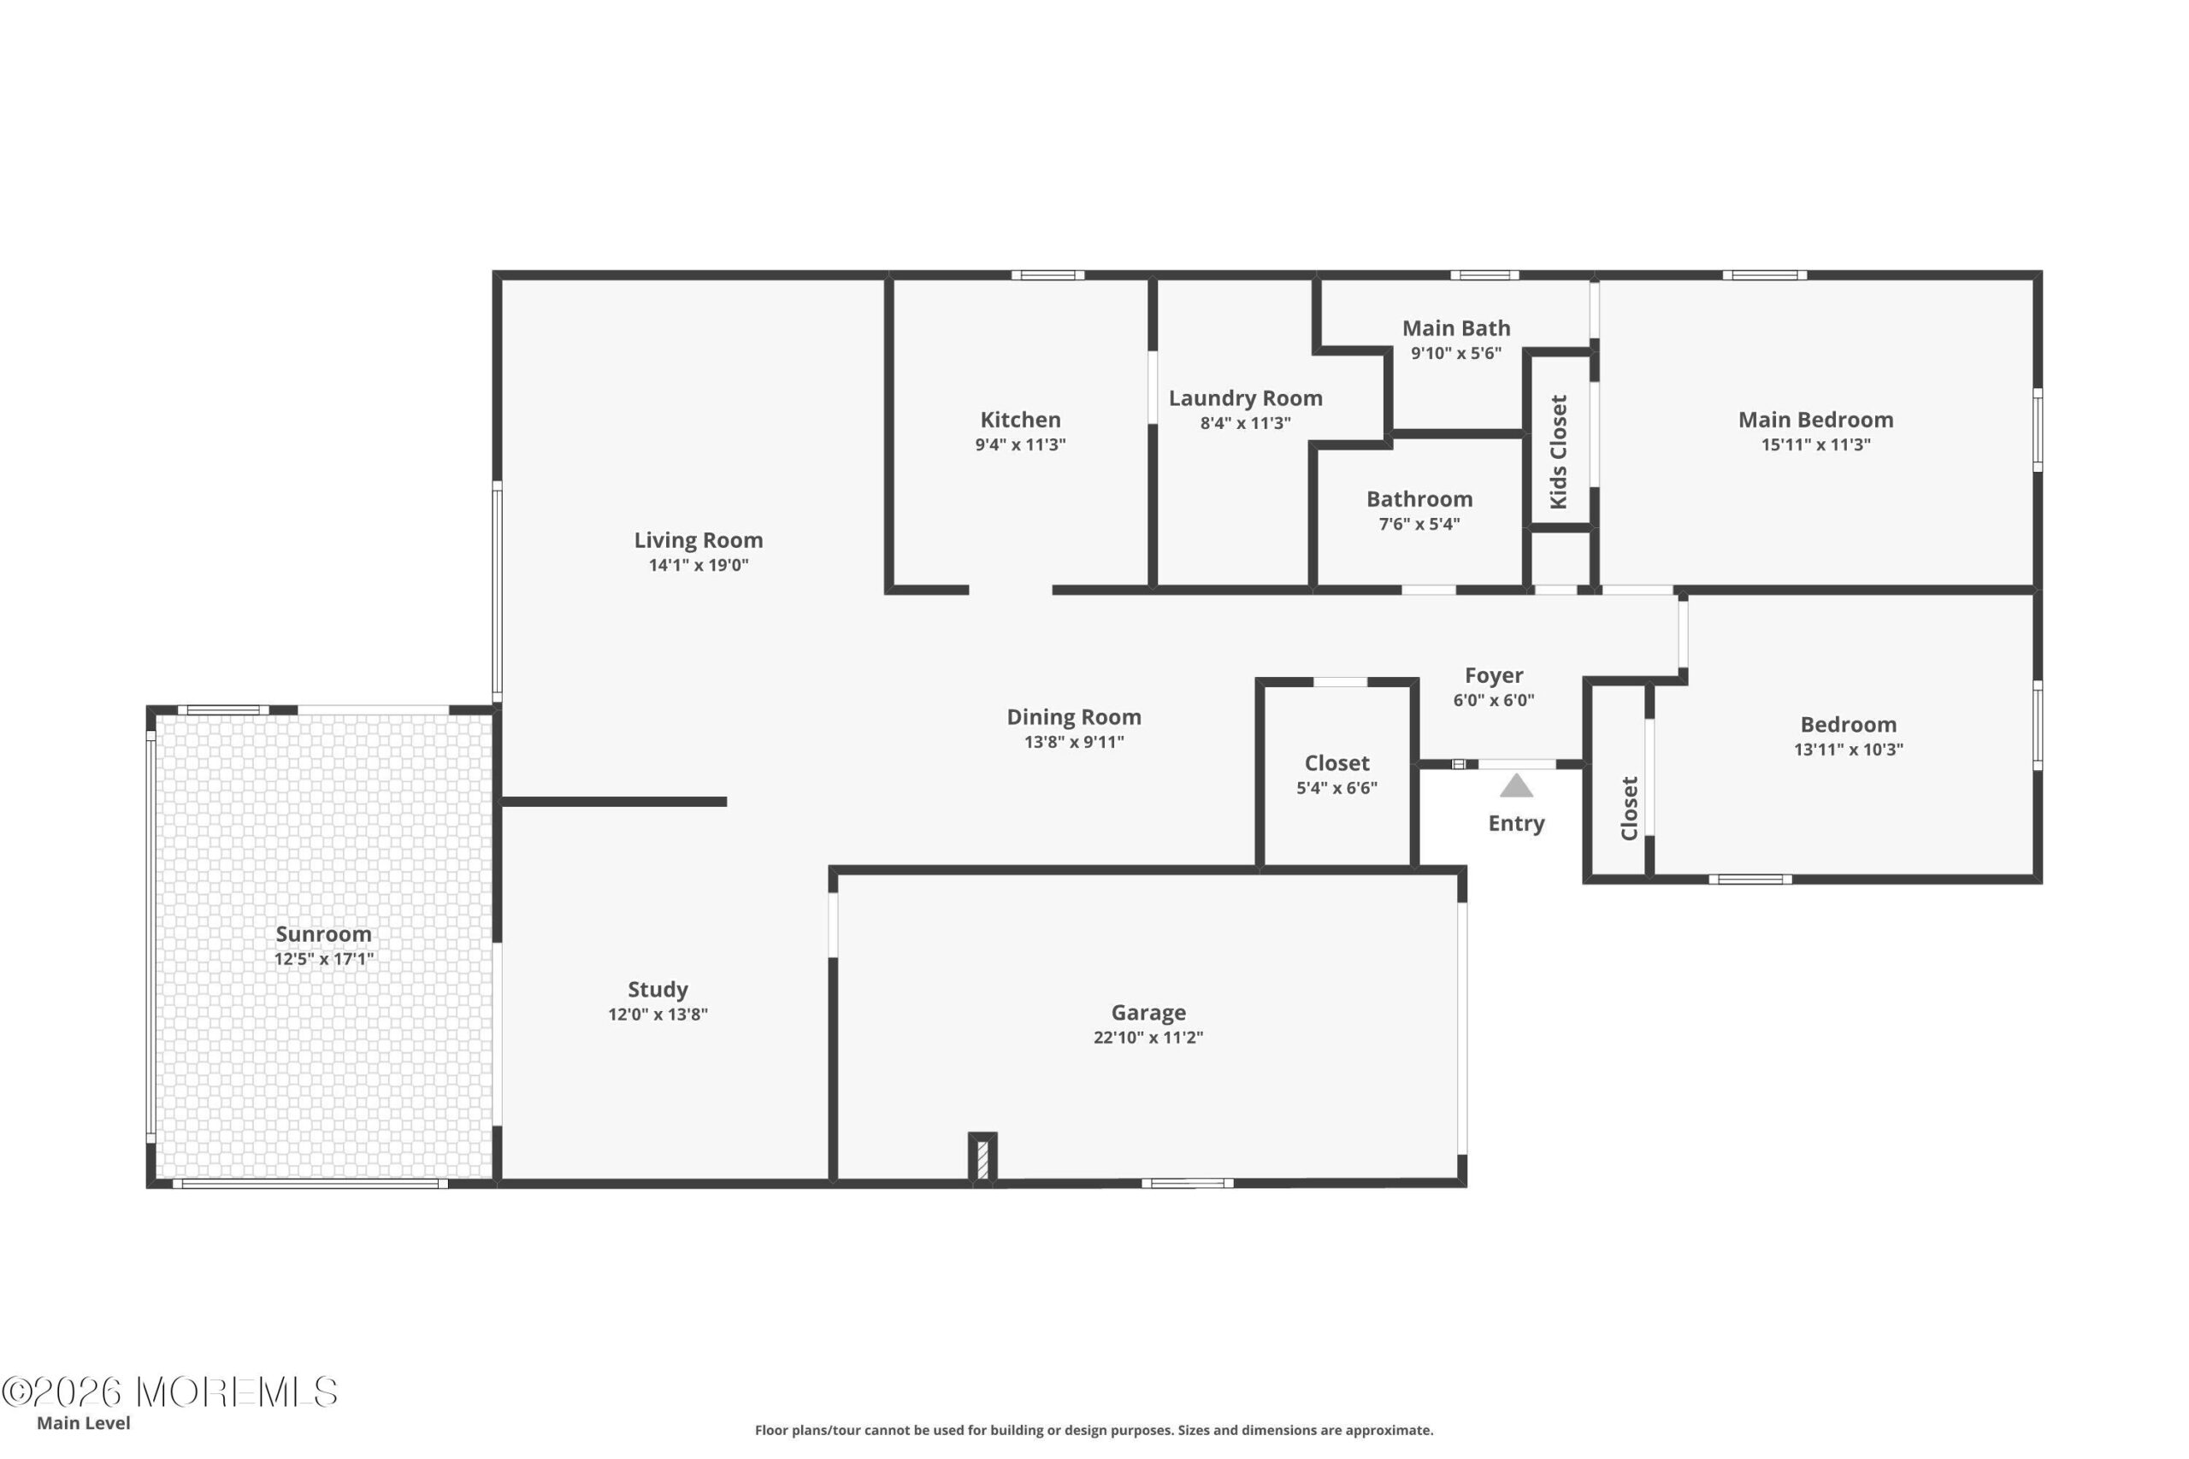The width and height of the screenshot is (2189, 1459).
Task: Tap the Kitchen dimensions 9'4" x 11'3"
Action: tap(1020, 444)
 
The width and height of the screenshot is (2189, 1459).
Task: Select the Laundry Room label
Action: tap(1245, 398)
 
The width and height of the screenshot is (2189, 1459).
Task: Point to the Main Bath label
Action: tap(1455, 328)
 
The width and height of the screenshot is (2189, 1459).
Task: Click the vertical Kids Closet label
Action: tap(1558, 452)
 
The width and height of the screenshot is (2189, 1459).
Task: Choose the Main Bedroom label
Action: tap(1816, 420)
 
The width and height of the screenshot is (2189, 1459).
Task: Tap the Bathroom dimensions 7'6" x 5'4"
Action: tap(1419, 524)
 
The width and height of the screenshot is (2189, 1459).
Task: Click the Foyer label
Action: tap(1494, 675)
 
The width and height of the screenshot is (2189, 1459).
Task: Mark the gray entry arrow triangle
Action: tap(1516, 786)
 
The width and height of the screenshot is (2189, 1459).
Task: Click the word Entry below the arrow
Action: tap(1516, 823)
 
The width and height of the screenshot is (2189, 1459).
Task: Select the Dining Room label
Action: tap(1074, 716)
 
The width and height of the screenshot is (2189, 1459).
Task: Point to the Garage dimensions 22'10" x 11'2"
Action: tap(1148, 1038)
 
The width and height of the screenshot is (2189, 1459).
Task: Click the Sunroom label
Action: tap(323, 934)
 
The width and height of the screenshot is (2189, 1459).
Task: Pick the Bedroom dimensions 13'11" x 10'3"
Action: tap(1849, 750)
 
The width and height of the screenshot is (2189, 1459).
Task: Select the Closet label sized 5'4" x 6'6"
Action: tap(1336, 763)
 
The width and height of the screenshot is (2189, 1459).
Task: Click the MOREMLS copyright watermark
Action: tap(169, 1392)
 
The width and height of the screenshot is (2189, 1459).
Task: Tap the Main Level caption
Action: tap(84, 1423)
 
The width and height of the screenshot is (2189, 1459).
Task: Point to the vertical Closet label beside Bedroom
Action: tap(1629, 809)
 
